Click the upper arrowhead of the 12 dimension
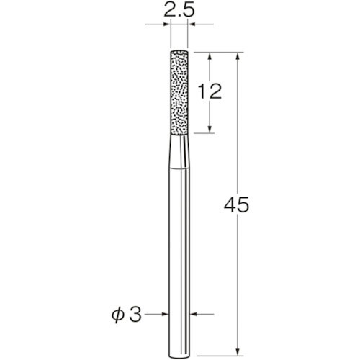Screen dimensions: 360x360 point(210,56)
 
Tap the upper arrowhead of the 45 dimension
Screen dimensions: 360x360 point(237,56)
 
